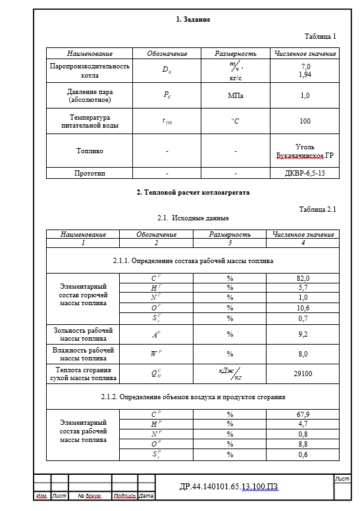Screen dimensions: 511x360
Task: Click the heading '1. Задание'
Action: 193,20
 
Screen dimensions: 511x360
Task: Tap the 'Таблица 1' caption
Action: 320,37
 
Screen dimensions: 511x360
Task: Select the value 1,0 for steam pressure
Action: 305,95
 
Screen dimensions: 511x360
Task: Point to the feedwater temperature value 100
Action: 305,122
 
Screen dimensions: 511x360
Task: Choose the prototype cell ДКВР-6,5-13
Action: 305,173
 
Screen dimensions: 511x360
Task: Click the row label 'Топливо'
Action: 90,151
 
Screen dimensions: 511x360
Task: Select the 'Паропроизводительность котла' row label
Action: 90,70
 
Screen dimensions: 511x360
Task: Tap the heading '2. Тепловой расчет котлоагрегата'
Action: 193,193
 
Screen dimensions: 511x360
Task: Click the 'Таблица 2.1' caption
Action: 317,209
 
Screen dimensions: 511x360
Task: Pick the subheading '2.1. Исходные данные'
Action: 193,218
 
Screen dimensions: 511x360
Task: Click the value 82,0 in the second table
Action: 303,278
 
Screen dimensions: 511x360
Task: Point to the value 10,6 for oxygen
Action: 303,308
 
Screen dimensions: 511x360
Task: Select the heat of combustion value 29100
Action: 303,373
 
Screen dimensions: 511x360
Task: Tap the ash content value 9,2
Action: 303,334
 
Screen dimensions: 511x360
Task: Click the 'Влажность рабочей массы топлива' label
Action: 83,354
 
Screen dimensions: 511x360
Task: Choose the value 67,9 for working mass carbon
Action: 303,414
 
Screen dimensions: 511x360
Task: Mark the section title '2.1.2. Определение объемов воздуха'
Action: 193,397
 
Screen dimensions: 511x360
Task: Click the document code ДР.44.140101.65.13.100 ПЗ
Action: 229,487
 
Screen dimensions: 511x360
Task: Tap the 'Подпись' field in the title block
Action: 124,496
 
